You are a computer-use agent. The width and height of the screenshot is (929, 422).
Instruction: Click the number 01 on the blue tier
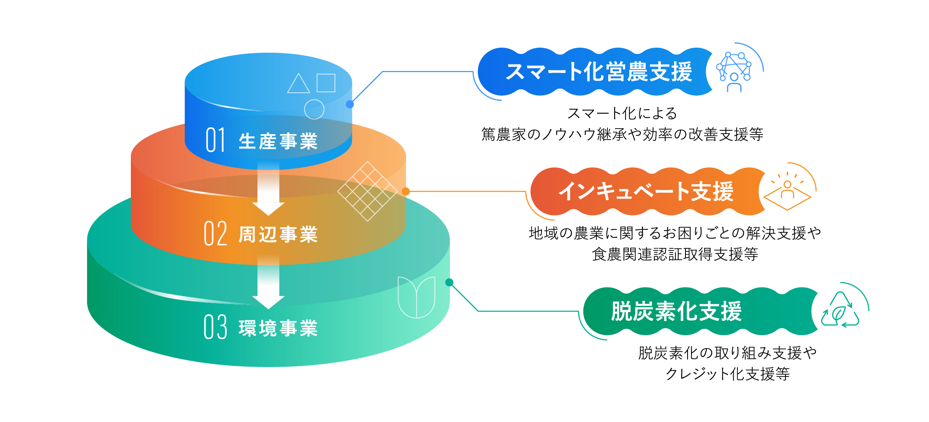click(215, 140)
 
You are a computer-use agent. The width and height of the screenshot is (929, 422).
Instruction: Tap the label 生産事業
click(278, 141)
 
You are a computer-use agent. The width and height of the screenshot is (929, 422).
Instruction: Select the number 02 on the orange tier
click(215, 234)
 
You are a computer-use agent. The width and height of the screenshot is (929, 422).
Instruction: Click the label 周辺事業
click(278, 235)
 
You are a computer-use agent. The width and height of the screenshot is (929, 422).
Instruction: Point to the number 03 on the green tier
click(215, 327)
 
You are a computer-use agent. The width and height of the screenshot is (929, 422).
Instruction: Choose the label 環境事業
click(278, 328)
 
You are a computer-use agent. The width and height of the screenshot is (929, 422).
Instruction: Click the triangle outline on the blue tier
click(298, 84)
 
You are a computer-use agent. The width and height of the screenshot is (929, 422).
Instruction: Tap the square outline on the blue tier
click(326, 83)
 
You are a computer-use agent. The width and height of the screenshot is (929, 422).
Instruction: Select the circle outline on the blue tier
click(314, 109)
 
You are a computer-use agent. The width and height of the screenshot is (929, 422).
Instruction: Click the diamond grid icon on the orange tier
click(367, 191)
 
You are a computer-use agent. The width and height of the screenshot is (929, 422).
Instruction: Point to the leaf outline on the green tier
click(416, 297)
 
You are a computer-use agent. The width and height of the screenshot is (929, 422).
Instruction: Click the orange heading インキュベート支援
click(646, 191)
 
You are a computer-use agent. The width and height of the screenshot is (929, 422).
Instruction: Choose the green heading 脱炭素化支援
click(676, 312)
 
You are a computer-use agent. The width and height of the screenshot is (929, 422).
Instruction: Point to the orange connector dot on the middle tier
click(406, 191)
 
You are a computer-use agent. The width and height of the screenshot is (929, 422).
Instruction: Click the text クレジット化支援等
click(727, 374)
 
